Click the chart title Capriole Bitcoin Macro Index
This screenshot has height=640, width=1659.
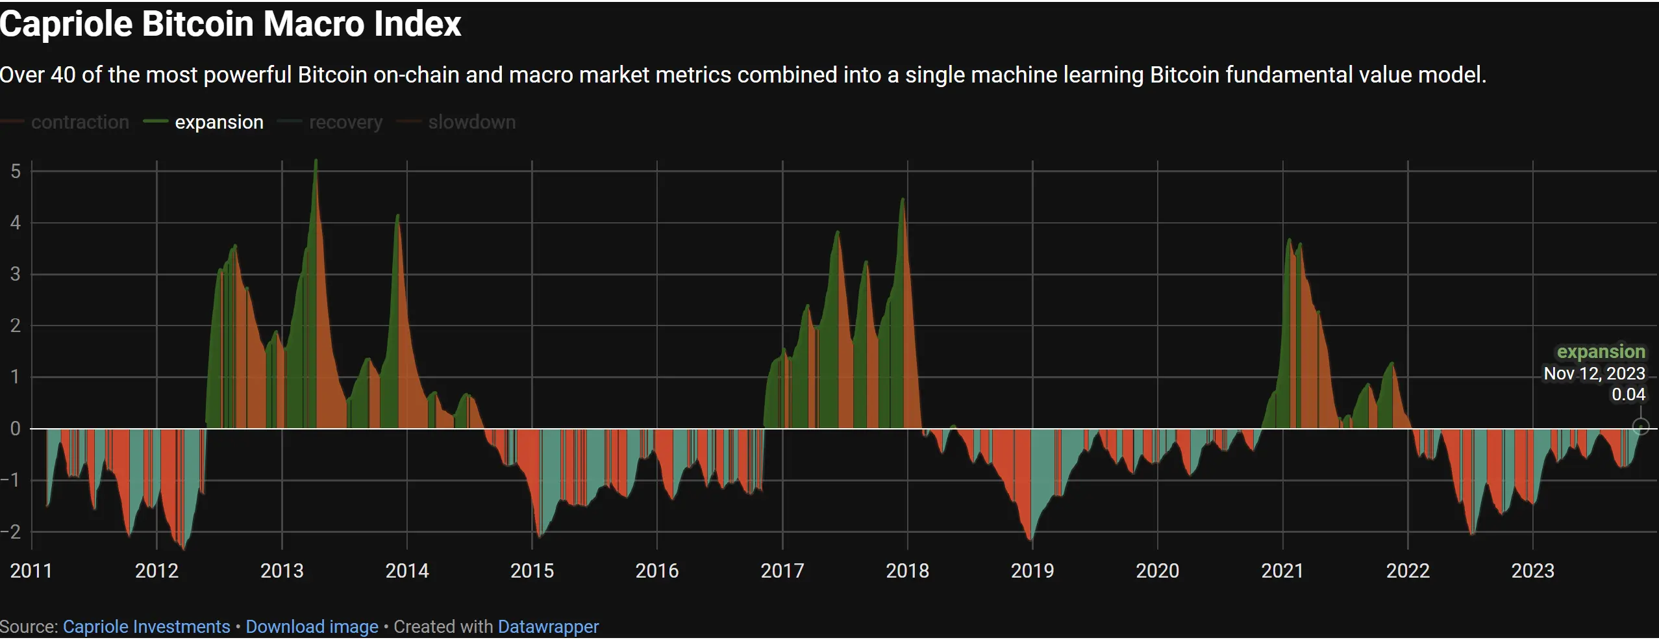pyautogui.click(x=231, y=25)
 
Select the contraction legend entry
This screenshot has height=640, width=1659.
pyautogui.click(x=80, y=122)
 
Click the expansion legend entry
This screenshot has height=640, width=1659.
pyautogui.click(x=219, y=122)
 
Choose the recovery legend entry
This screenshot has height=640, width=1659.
pyautogui.click(x=345, y=122)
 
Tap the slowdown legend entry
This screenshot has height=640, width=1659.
pyautogui.click(x=471, y=122)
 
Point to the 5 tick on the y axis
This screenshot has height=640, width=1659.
pyautogui.click(x=16, y=172)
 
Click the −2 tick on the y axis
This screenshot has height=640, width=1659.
pyautogui.click(x=12, y=532)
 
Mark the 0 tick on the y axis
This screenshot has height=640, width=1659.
pyautogui.click(x=16, y=429)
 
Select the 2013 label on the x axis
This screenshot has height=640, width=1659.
pyautogui.click(x=282, y=571)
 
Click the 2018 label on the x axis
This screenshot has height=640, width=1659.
pyautogui.click(x=907, y=571)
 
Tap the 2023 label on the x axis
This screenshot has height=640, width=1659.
pyautogui.click(x=1532, y=571)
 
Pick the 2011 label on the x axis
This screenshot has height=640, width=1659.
pyautogui.click(x=31, y=571)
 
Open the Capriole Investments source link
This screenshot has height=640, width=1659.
pyautogui.click(x=146, y=627)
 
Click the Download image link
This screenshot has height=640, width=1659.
pyautogui.click(x=312, y=627)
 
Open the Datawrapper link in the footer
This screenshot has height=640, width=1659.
pyautogui.click(x=548, y=627)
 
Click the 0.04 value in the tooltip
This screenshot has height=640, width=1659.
pyautogui.click(x=1628, y=394)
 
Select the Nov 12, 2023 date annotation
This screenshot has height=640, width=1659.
pyautogui.click(x=1594, y=374)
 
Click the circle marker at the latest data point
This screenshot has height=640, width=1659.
pyautogui.click(x=1641, y=427)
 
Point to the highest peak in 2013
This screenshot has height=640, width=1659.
pyautogui.click(x=316, y=161)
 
